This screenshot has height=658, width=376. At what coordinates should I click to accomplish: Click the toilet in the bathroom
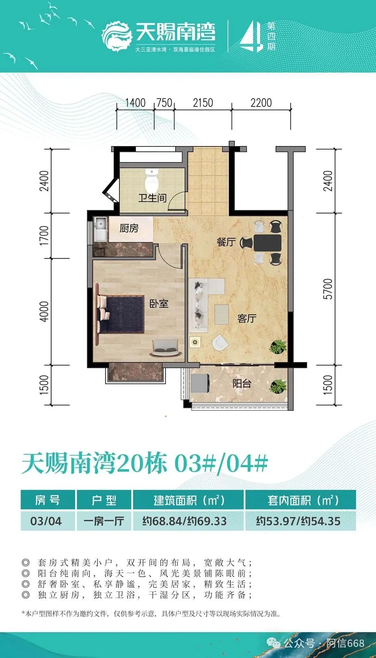[151, 180]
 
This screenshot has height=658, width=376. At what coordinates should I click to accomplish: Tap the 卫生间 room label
[152, 198]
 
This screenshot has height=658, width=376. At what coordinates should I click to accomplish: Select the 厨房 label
[129, 228]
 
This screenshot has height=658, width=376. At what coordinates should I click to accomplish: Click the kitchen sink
[101, 229]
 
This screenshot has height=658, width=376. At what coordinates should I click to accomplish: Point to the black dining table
[267, 243]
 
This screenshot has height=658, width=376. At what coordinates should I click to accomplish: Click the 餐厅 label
[226, 242]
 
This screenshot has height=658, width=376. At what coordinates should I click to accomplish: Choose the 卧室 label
[159, 304]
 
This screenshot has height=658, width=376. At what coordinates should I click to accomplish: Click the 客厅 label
[247, 318]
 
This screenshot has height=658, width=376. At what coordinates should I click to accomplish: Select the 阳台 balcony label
[242, 384]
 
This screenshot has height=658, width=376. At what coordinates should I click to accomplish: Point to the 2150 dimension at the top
[203, 103]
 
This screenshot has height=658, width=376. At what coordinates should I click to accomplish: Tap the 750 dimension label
[164, 103]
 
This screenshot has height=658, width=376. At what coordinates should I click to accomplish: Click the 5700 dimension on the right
[328, 289]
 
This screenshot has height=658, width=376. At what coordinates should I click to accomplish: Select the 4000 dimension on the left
[44, 312]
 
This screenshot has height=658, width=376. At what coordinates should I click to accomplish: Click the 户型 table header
[104, 500]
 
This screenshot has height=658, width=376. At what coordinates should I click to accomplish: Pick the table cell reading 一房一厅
[104, 521]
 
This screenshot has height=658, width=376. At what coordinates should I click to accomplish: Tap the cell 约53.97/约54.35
[298, 521]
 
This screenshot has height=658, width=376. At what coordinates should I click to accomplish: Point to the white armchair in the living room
[220, 343]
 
